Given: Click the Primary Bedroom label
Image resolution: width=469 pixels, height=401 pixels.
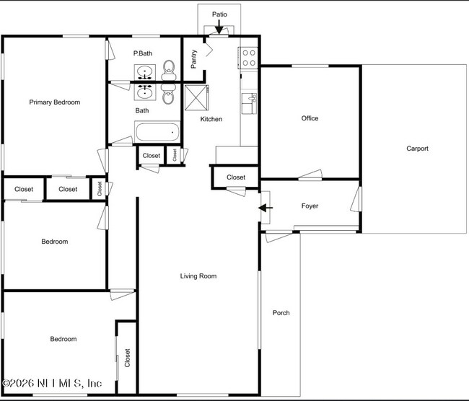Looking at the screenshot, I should pos(54,102).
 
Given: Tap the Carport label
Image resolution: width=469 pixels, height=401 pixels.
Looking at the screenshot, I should pos(417,149).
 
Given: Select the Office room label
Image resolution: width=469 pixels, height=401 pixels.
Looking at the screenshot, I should pos(310,118).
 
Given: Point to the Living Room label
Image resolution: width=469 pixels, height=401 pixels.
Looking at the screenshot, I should pos(198,276).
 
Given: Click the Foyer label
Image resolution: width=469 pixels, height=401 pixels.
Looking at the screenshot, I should pos(310,206).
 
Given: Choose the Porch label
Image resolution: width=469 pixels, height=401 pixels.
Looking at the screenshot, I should pos(281,312).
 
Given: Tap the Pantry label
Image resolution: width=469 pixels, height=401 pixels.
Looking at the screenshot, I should pos(194,58).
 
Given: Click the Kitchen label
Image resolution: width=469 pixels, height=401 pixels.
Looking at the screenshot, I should pos(211,119).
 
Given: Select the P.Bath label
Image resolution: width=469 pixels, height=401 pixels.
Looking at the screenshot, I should pos(143,53).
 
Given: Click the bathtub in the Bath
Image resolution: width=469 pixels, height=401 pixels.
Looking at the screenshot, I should pos(157,133).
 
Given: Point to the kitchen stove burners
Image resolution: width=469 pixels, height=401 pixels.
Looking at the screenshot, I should pos(249,58).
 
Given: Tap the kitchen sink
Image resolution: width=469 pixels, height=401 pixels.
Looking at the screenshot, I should pos(249,104).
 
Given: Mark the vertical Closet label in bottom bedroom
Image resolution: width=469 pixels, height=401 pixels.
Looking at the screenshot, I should pos(128,358).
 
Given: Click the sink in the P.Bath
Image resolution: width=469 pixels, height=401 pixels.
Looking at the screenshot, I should pos(145,72).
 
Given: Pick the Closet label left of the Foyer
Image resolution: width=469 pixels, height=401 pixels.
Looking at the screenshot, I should pos(236,177).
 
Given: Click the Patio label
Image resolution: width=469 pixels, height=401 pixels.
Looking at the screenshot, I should pos(219,14).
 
